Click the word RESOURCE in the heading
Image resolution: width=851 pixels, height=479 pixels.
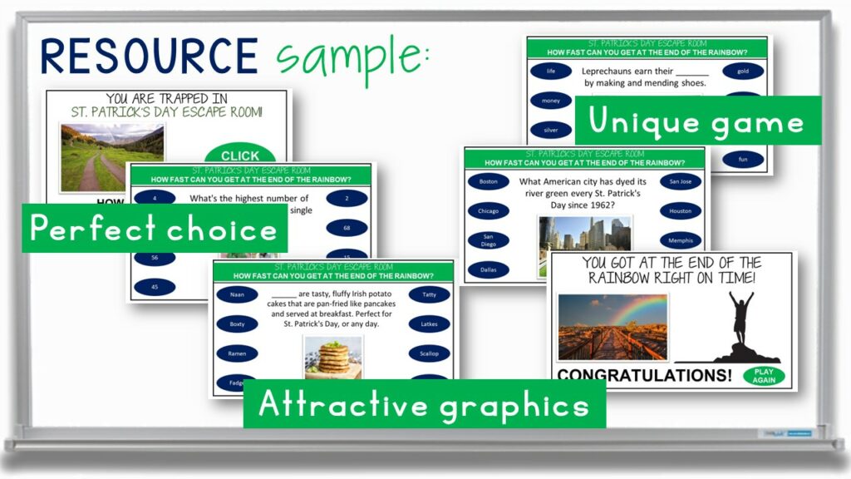pos(150,56)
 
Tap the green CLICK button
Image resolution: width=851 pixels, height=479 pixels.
pos(240,156)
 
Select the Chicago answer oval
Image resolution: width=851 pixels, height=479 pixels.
pos(488,211)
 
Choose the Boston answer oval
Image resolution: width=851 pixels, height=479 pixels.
pos(488,181)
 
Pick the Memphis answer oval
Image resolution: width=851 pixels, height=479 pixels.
pos(680,240)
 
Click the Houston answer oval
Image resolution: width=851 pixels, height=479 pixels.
pos(680,211)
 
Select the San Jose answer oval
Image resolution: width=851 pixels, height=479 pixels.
pos(680,181)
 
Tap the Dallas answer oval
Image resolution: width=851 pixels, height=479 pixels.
pos(488,269)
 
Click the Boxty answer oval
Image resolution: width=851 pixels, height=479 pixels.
pos(237,324)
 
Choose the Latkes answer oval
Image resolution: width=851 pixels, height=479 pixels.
pos(429,324)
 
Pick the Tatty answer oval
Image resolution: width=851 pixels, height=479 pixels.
pos(429,294)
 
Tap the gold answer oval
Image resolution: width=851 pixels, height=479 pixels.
pos(742,72)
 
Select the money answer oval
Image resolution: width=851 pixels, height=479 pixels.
pos(550,101)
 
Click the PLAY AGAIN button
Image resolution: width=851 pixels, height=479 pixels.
pos(764,376)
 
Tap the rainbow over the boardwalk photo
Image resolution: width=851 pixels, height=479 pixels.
pos(612,327)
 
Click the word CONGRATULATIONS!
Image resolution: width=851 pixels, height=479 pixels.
pos(644,376)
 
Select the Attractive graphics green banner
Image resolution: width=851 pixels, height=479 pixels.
pos(424,404)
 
